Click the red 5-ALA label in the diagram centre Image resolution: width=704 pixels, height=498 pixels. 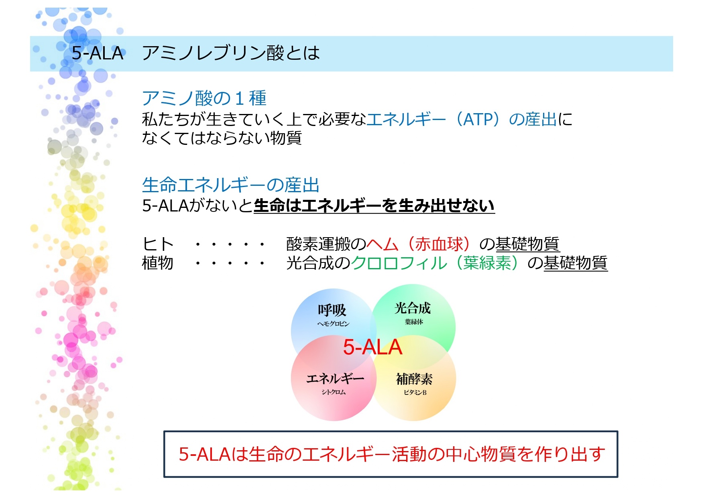(372, 347)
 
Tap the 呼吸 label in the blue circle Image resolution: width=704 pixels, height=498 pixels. (332, 310)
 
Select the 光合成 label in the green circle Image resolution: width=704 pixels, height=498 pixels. (413, 308)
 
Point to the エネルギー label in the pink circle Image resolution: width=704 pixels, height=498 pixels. (335, 378)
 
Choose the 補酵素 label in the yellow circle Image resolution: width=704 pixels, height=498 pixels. (414, 379)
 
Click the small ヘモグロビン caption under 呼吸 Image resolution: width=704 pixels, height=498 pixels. (333, 324)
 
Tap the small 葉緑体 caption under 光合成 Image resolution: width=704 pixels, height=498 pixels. (414, 322)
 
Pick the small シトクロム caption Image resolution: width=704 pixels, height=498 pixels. (334, 392)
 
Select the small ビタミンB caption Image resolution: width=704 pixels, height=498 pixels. (415, 392)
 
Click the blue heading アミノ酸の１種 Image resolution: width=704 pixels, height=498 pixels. (204, 98)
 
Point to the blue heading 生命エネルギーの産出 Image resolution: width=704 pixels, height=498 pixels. (231, 185)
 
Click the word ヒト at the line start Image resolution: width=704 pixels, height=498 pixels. (158, 244)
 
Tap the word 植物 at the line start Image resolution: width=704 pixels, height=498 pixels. (158, 263)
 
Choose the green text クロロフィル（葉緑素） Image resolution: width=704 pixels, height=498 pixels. (439, 263)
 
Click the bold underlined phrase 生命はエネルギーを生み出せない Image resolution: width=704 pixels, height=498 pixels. (374, 206)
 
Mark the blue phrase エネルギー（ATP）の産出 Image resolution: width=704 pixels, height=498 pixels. (462, 119)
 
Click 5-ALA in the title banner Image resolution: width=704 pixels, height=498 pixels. (98, 53)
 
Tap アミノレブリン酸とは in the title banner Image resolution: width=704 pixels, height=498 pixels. (231, 53)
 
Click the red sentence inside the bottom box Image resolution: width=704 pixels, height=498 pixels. (392, 454)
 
